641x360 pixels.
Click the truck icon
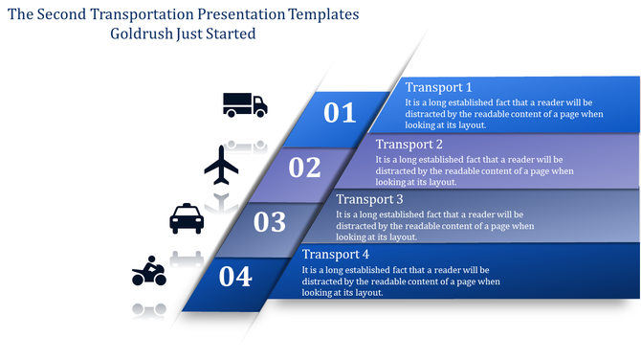tap(245, 104)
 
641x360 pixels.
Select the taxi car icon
tap(187, 219)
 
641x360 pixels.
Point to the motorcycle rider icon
tap(149, 272)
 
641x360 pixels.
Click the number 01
tap(340, 113)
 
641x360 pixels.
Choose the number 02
tap(304, 168)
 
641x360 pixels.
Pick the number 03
tap(270, 222)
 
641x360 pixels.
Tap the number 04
tap(235, 277)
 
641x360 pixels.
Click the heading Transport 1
tap(438, 87)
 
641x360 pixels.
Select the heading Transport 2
tap(409, 144)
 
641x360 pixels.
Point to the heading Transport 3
tap(369, 199)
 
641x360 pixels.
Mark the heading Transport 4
tap(335, 255)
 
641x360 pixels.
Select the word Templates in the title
tap(325, 14)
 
